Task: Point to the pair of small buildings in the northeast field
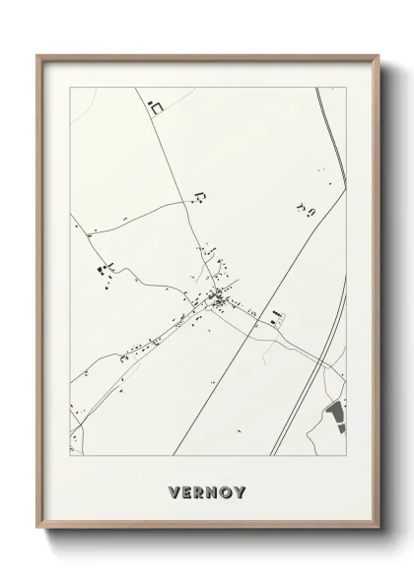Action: coord(305,208)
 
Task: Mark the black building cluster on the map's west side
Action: coord(102,267)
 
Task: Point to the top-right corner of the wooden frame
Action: coord(376,56)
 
